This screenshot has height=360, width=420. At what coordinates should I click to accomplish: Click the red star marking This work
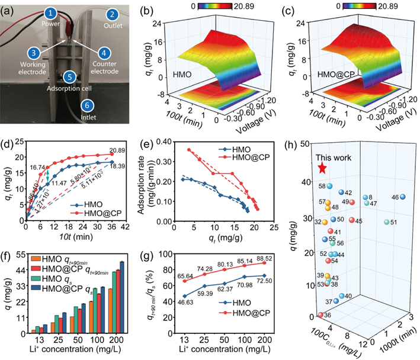tap(322, 168)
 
